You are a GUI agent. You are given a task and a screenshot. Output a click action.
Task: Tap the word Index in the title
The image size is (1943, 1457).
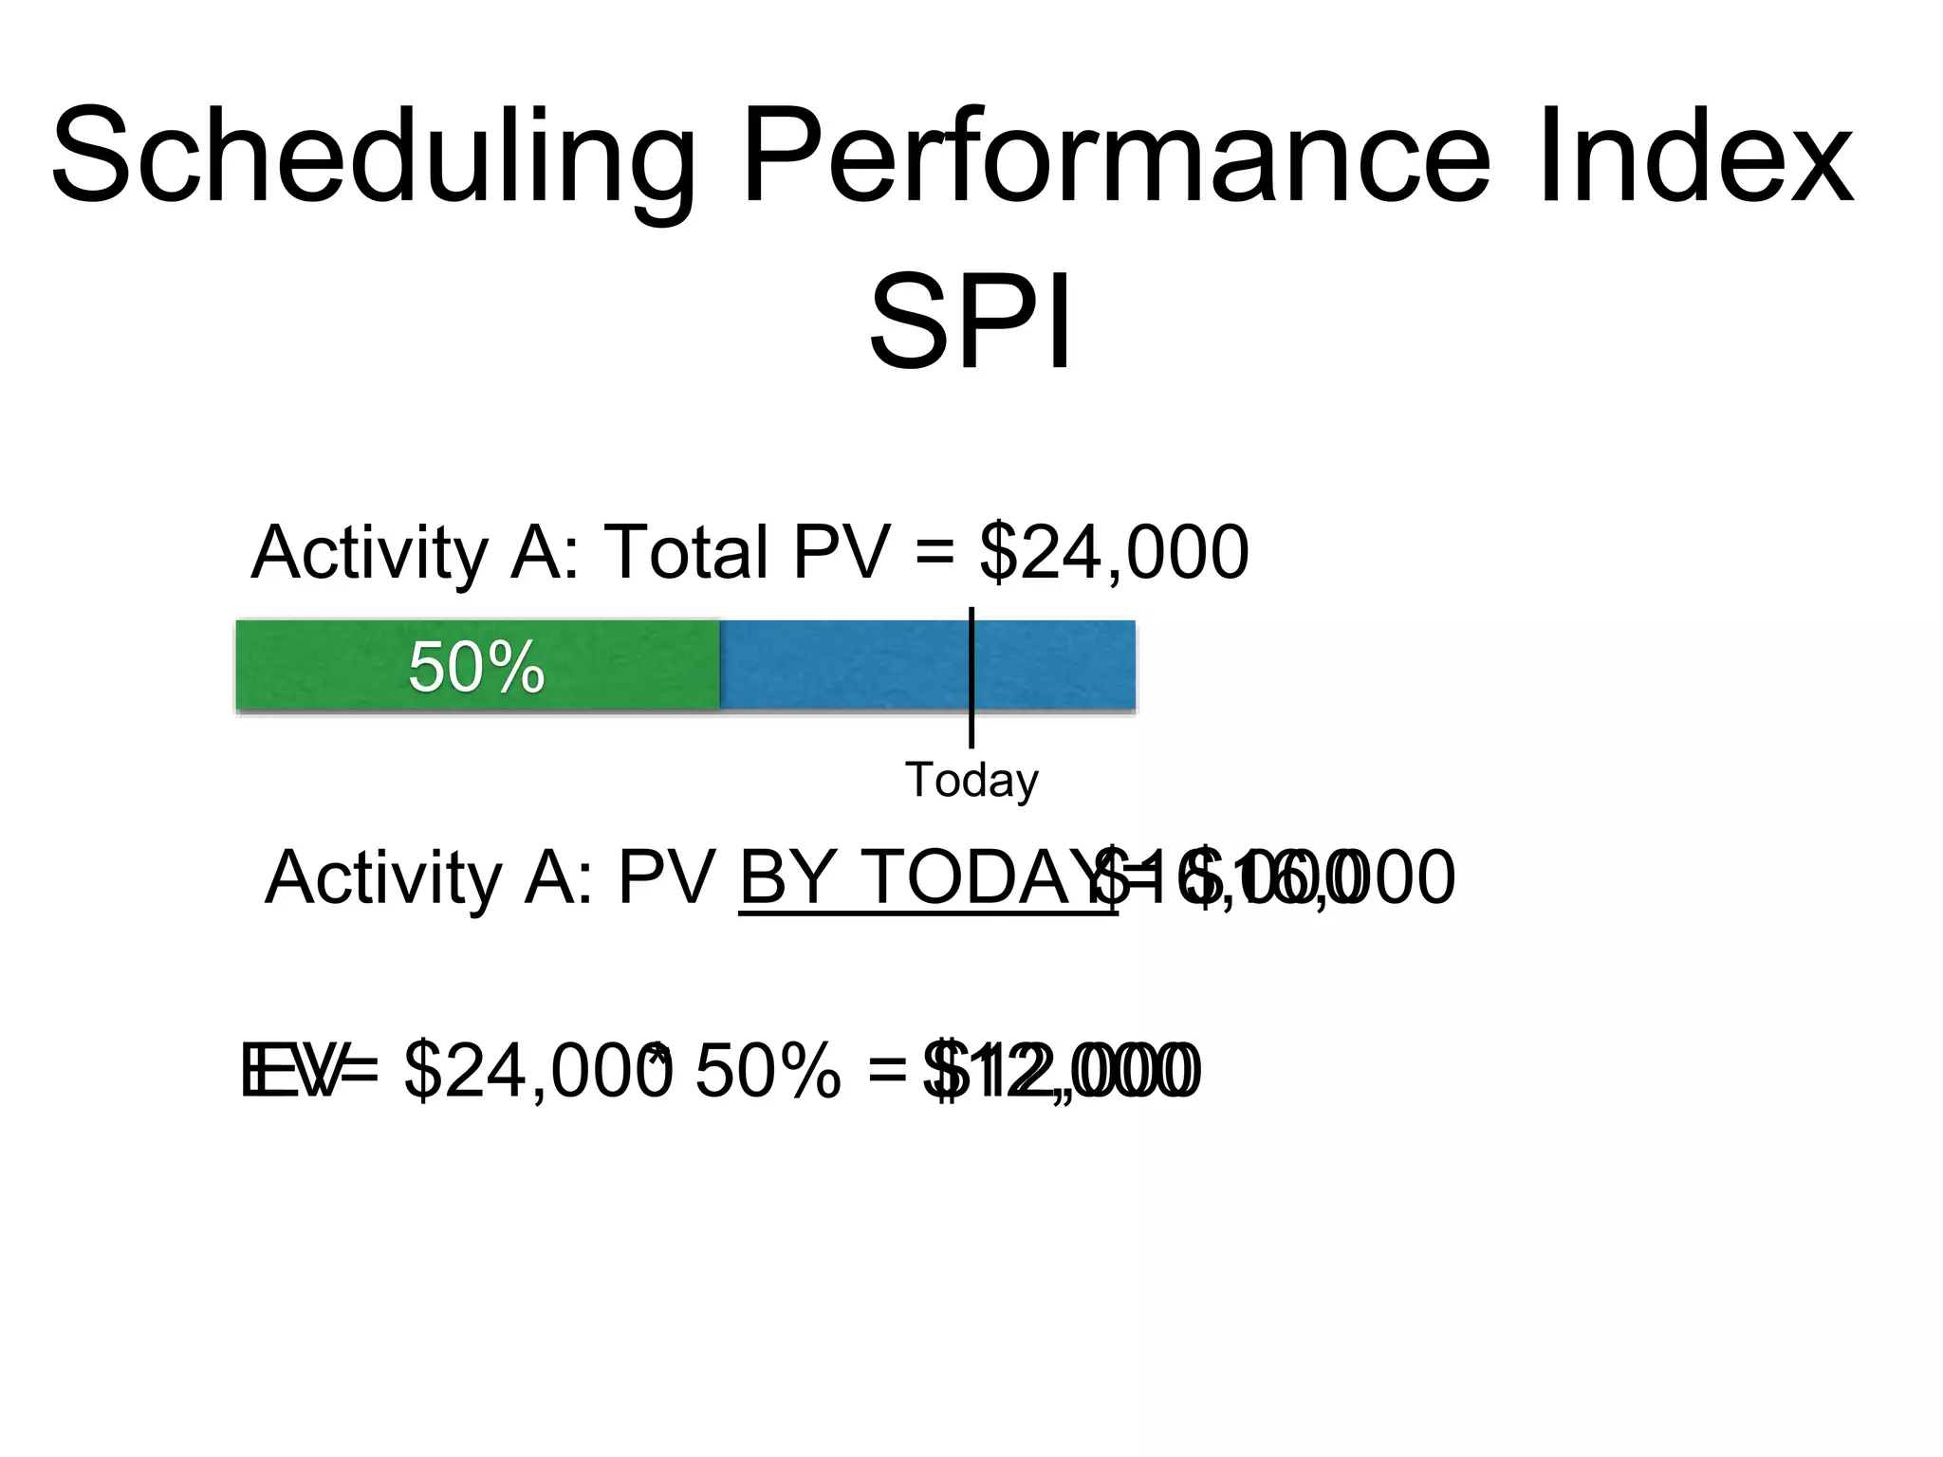coord(1694,157)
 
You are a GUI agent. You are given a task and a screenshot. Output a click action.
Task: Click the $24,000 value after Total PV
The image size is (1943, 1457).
coord(1114,553)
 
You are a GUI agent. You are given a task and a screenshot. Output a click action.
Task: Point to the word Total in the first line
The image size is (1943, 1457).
coord(685,553)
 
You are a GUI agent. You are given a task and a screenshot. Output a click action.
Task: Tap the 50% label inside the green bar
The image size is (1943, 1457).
coord(476,667)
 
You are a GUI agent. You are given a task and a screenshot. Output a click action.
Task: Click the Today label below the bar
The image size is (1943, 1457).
coord(971,781)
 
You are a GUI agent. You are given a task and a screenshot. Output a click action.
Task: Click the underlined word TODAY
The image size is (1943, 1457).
coord(990,877)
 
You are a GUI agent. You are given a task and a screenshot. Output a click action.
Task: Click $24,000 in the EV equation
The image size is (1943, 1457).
coord(536,1072)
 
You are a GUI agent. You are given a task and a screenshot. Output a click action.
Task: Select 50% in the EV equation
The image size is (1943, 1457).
coord(768,1072)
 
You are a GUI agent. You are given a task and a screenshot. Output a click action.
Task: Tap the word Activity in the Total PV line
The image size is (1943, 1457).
coord(368,553)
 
